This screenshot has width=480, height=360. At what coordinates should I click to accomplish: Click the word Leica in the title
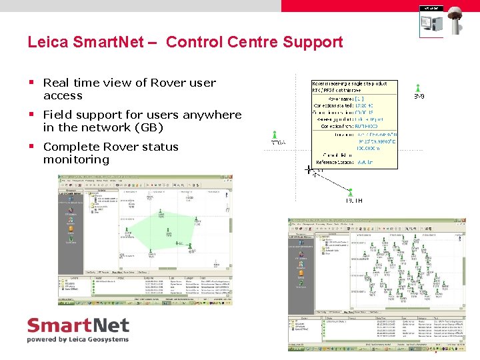tap(46, 42)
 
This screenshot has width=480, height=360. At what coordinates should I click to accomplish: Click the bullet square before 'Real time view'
tap(31, 83)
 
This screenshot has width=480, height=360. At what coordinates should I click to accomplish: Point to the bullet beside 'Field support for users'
tap(31, 115)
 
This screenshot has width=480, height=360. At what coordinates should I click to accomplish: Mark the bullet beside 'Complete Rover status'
tap(31, 147)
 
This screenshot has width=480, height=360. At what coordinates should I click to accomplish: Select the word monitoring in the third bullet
tap(76, 159)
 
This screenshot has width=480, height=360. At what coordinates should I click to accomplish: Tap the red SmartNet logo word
tap(77, 326)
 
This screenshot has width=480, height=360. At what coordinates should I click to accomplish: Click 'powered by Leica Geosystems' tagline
tap(77, 339)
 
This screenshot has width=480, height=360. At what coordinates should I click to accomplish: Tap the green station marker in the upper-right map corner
tap(418, 88)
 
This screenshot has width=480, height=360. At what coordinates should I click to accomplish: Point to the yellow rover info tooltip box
tap(354, 124)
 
